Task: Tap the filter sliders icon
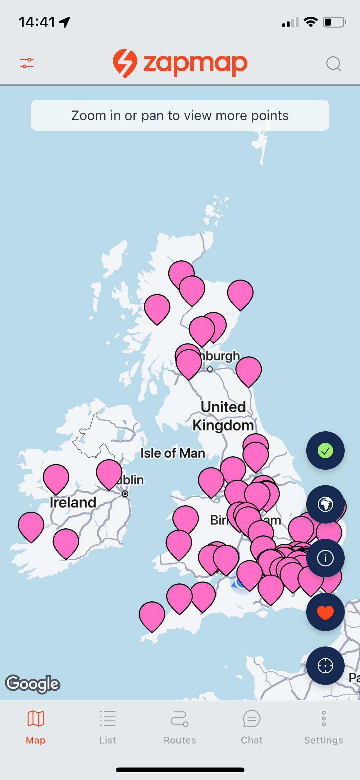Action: pyautogui.click(x=27, y=63)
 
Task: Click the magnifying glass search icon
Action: pyautogui.click(x=333, y=64)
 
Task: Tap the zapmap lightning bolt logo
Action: pyautogui.click(x=125, y=63)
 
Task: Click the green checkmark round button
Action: pyautogui.click(x=325, y=451)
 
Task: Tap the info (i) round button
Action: pyautogui.click(x=325, y=558)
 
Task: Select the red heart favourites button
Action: pyautogui.click(x=325, y=612)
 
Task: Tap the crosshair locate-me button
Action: pyautogui.click(x=325, y=666)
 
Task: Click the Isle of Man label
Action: pyautogui.click(x=173, y=453)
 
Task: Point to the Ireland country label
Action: pyautogui.click(x=73, y=502)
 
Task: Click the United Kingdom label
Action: pyautogui.click(x=223, y=416)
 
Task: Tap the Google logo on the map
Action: pyautogui.click(x=33, y=684)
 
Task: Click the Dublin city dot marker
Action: pyautogui.click(x=125, y=494)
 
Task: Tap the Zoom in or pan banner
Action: pyautogui.click(x=180, y=115)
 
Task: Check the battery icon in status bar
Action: pyautogui.click(x=334, y=22)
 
